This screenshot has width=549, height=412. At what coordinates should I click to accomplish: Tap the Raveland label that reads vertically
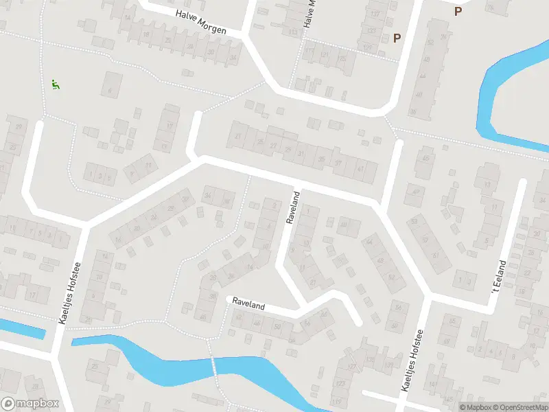tap(293, 208)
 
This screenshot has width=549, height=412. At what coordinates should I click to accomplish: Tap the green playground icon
tap(55, 85)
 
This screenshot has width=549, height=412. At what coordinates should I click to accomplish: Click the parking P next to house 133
tap(397, 38)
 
